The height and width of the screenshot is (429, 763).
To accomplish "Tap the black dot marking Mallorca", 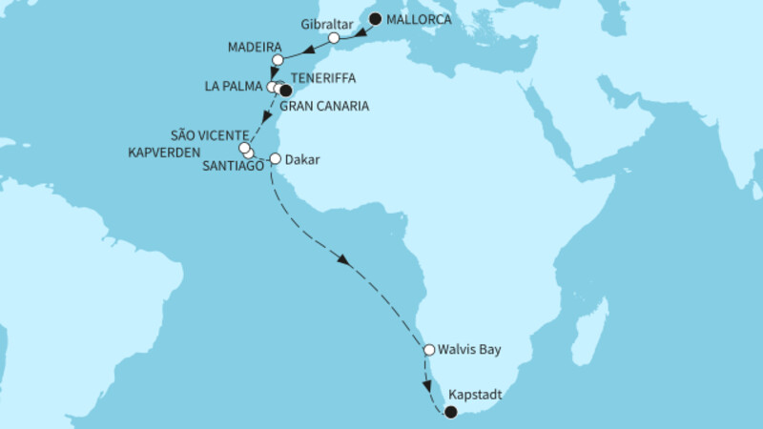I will tap(376, 19).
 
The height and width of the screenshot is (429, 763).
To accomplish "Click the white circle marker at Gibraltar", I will tap(334, 38).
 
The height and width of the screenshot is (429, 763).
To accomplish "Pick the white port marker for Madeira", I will tap(278, 60).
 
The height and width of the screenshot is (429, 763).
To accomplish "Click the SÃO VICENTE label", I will tap(209, 134).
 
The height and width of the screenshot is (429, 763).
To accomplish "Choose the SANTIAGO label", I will tap(233, 166).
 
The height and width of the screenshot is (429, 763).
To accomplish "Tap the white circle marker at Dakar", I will tap(276, 159).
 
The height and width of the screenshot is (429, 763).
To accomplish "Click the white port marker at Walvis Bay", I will tap(430, 350).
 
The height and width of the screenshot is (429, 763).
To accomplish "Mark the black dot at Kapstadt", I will tap(451, 413).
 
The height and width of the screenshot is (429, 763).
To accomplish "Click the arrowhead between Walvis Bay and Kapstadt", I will tap(426, 386).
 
